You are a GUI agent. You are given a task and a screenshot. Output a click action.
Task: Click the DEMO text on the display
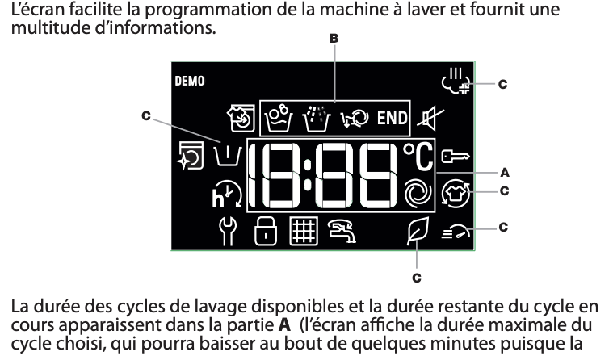[190, 81]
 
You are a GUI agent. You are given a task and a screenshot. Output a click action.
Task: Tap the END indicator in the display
[392, 118]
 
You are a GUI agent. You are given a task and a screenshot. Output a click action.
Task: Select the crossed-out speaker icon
[430, 118]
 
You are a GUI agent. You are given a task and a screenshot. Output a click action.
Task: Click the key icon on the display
[456, 156]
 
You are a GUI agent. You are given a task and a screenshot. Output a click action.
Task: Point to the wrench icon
[228, 232]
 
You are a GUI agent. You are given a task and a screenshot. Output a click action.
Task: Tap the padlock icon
[266, 232]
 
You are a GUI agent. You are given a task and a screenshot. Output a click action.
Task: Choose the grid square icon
[304, 232]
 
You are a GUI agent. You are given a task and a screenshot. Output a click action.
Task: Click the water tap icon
[342, 232]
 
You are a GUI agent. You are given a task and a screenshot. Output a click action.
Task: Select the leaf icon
[418, 231]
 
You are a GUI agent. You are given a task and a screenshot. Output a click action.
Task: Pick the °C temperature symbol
[418, 157]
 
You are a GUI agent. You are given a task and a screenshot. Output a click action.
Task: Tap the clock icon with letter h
[227, 195]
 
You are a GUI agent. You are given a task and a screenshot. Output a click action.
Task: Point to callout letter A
[505, 172]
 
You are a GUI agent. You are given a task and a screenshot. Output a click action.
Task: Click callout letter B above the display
[334, 39]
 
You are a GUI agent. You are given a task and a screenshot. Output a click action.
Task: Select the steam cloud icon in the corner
[456, 81]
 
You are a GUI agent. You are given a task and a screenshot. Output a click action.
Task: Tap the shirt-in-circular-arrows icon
[456, 194]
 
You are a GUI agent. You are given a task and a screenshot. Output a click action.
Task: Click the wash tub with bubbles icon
[278, 118]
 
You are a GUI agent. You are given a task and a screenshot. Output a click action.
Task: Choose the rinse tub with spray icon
[317, 119]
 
